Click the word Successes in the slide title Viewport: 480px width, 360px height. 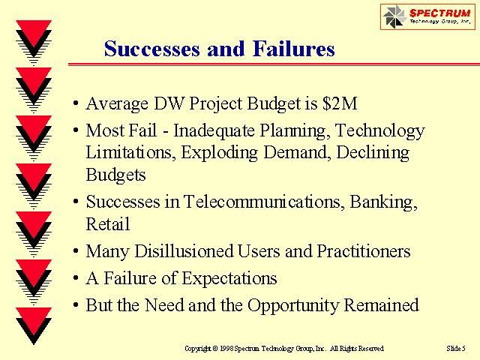tap(152, 49)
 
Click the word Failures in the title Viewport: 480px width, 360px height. tap(293, 49)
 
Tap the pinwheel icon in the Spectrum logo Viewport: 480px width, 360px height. tap(395, 16)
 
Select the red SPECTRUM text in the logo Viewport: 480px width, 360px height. tap(440, 13)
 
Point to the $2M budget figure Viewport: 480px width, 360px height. tap(340, 103)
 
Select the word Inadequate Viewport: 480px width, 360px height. tap(214, 130)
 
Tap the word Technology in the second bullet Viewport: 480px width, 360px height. tap(380, 131)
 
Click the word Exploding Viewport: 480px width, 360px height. tap(219, 153)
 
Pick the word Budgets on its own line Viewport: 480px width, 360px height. tap(115, 175)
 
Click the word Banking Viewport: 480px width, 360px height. tap(383, 202)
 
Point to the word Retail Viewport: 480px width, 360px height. tap(108, 224)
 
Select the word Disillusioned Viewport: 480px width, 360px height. tap(184, 251)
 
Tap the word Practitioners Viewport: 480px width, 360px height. tap(363, 251)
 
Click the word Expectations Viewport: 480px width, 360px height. tap(229, 279)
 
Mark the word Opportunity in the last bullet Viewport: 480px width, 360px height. tap(293, 306)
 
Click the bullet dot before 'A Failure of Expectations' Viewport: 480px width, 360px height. tap(76, 278)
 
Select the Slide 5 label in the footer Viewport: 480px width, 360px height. tap(456, 348)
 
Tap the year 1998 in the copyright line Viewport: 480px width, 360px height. tap(226, 348)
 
